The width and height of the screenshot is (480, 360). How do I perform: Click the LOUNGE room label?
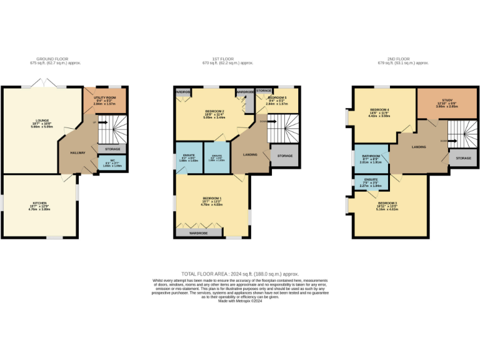pyautogui.click(x=42, y=123)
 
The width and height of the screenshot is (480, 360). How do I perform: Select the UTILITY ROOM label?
pyautogui.click(x=105, y=98)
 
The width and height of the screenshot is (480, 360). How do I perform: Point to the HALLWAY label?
pyautogui.click(x=77, y=152)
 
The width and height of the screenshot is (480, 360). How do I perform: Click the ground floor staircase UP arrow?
pyautogui.click(x=94, y=122)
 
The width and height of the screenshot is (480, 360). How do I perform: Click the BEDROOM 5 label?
pyautogui.click(x=277, y=98)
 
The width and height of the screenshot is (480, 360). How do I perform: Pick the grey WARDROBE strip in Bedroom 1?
pyautogui.click(x=199, y=232)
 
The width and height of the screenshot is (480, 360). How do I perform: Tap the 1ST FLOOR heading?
pyautogui.click(x=229, y=59)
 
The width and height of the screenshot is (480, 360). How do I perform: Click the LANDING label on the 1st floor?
pyautogui.click(x=251, y=154)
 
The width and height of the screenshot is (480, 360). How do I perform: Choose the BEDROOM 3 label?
pyautogui.click(x=387, y=203)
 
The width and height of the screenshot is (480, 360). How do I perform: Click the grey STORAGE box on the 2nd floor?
pyautogui.click(x=463, y=158)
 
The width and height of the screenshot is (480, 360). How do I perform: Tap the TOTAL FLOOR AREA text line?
pyautogui.click(x=239, y=274)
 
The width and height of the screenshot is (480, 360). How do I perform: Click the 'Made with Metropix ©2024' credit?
pyautogui.click(x=239, y=301)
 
